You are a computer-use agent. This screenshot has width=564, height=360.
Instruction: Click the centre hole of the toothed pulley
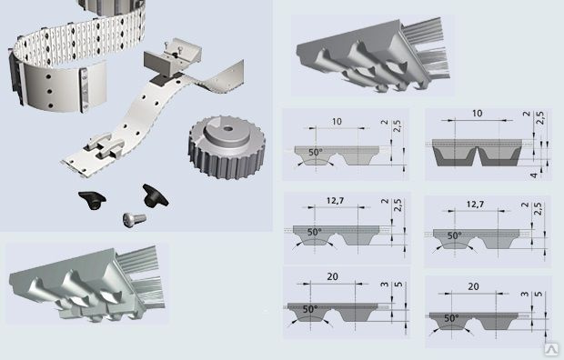(x=227, y=128)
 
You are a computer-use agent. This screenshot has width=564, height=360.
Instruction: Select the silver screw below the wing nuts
(x=134, y=219)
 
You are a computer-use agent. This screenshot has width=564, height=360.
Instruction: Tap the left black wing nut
(x=92, y=200)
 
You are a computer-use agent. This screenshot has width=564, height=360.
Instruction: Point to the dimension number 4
(x=534, y=175)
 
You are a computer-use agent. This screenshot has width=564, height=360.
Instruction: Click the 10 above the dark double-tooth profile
(x=477, y=114)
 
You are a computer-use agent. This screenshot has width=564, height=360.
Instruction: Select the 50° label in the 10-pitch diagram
(x=316, y=153)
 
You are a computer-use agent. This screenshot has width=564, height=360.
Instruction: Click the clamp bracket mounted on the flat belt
(x=173, y=57)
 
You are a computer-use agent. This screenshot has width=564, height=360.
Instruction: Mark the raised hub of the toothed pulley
(x=227, y=132)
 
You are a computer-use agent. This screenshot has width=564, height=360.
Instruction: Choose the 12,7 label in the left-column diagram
(x=336, y=201)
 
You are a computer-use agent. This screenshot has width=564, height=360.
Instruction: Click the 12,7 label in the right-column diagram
(x=475, y=205)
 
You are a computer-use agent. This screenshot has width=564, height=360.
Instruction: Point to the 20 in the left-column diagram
(x=332, y=276)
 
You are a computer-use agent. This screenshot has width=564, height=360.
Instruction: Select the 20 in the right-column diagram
(x=473, y=286)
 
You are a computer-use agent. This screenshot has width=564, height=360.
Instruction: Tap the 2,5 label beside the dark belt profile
(x=540, y=118)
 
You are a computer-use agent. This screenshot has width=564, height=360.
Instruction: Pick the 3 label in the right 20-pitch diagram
(x=525, y=294)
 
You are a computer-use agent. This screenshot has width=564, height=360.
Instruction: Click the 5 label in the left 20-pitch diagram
(x=398, y=285)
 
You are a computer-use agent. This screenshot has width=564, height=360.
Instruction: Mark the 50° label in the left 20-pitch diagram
(x=310, y=309)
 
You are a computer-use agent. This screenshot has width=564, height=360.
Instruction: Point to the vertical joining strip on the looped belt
(x=85, y=90)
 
